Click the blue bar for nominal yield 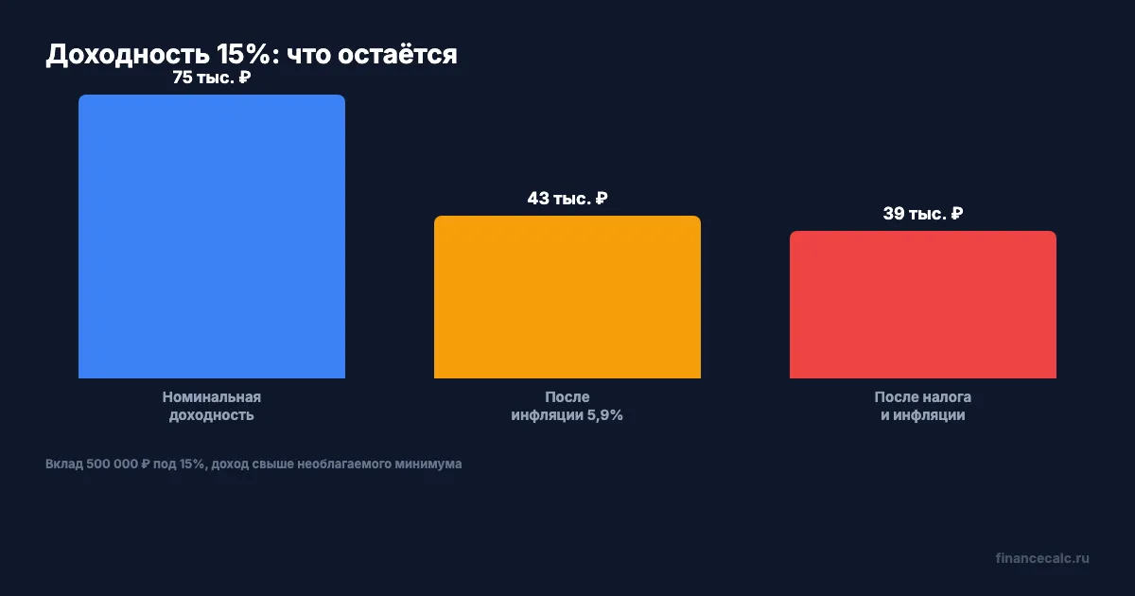tap(212, 237)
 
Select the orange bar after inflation tap(567, 297)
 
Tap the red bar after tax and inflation tap(923, 305)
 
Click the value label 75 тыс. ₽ tap(211, 78)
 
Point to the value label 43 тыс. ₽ tap(567, 199)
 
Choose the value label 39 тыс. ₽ tap(922, 214)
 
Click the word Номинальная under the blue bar tap(212, 397)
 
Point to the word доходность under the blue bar tap(212, 415)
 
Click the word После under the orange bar tap(567, 397)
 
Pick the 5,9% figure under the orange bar tap(602, 415)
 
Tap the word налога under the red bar tap(948, 397)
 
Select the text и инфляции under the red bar tap(923, 415)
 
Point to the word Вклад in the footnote tap(62, 465)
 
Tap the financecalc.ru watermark tap(1042, 558)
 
